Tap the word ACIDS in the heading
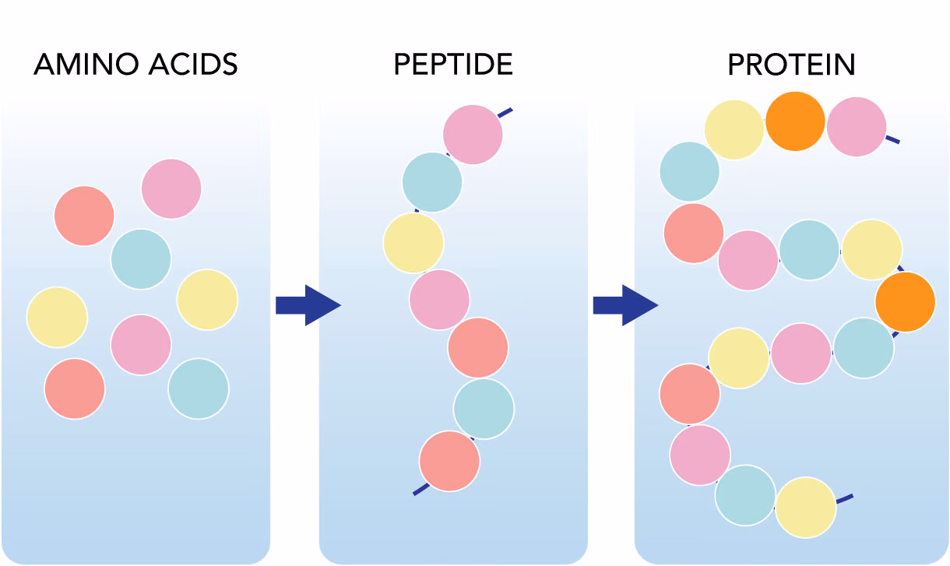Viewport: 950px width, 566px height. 193,65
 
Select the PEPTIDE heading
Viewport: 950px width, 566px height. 453,65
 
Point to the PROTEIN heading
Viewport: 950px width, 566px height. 791,65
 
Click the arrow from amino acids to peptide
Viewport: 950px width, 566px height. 308,305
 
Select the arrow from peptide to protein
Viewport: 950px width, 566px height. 625,305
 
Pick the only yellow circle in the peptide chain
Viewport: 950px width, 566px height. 413,243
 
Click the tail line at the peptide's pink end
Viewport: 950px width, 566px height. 505,113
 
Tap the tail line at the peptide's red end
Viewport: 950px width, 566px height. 421,489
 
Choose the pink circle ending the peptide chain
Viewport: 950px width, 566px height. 473,135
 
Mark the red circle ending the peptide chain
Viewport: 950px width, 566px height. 449,461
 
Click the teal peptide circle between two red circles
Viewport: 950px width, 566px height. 484,409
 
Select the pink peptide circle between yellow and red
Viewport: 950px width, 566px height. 439,300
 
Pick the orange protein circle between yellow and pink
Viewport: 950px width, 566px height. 795,121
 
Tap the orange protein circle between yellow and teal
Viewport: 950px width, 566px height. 906,302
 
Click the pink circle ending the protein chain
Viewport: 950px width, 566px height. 857,127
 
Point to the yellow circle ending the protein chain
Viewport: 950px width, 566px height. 806,508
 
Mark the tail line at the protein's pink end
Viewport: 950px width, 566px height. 892,139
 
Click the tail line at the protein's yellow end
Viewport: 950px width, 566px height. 844,499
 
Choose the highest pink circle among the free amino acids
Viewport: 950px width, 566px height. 171,188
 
